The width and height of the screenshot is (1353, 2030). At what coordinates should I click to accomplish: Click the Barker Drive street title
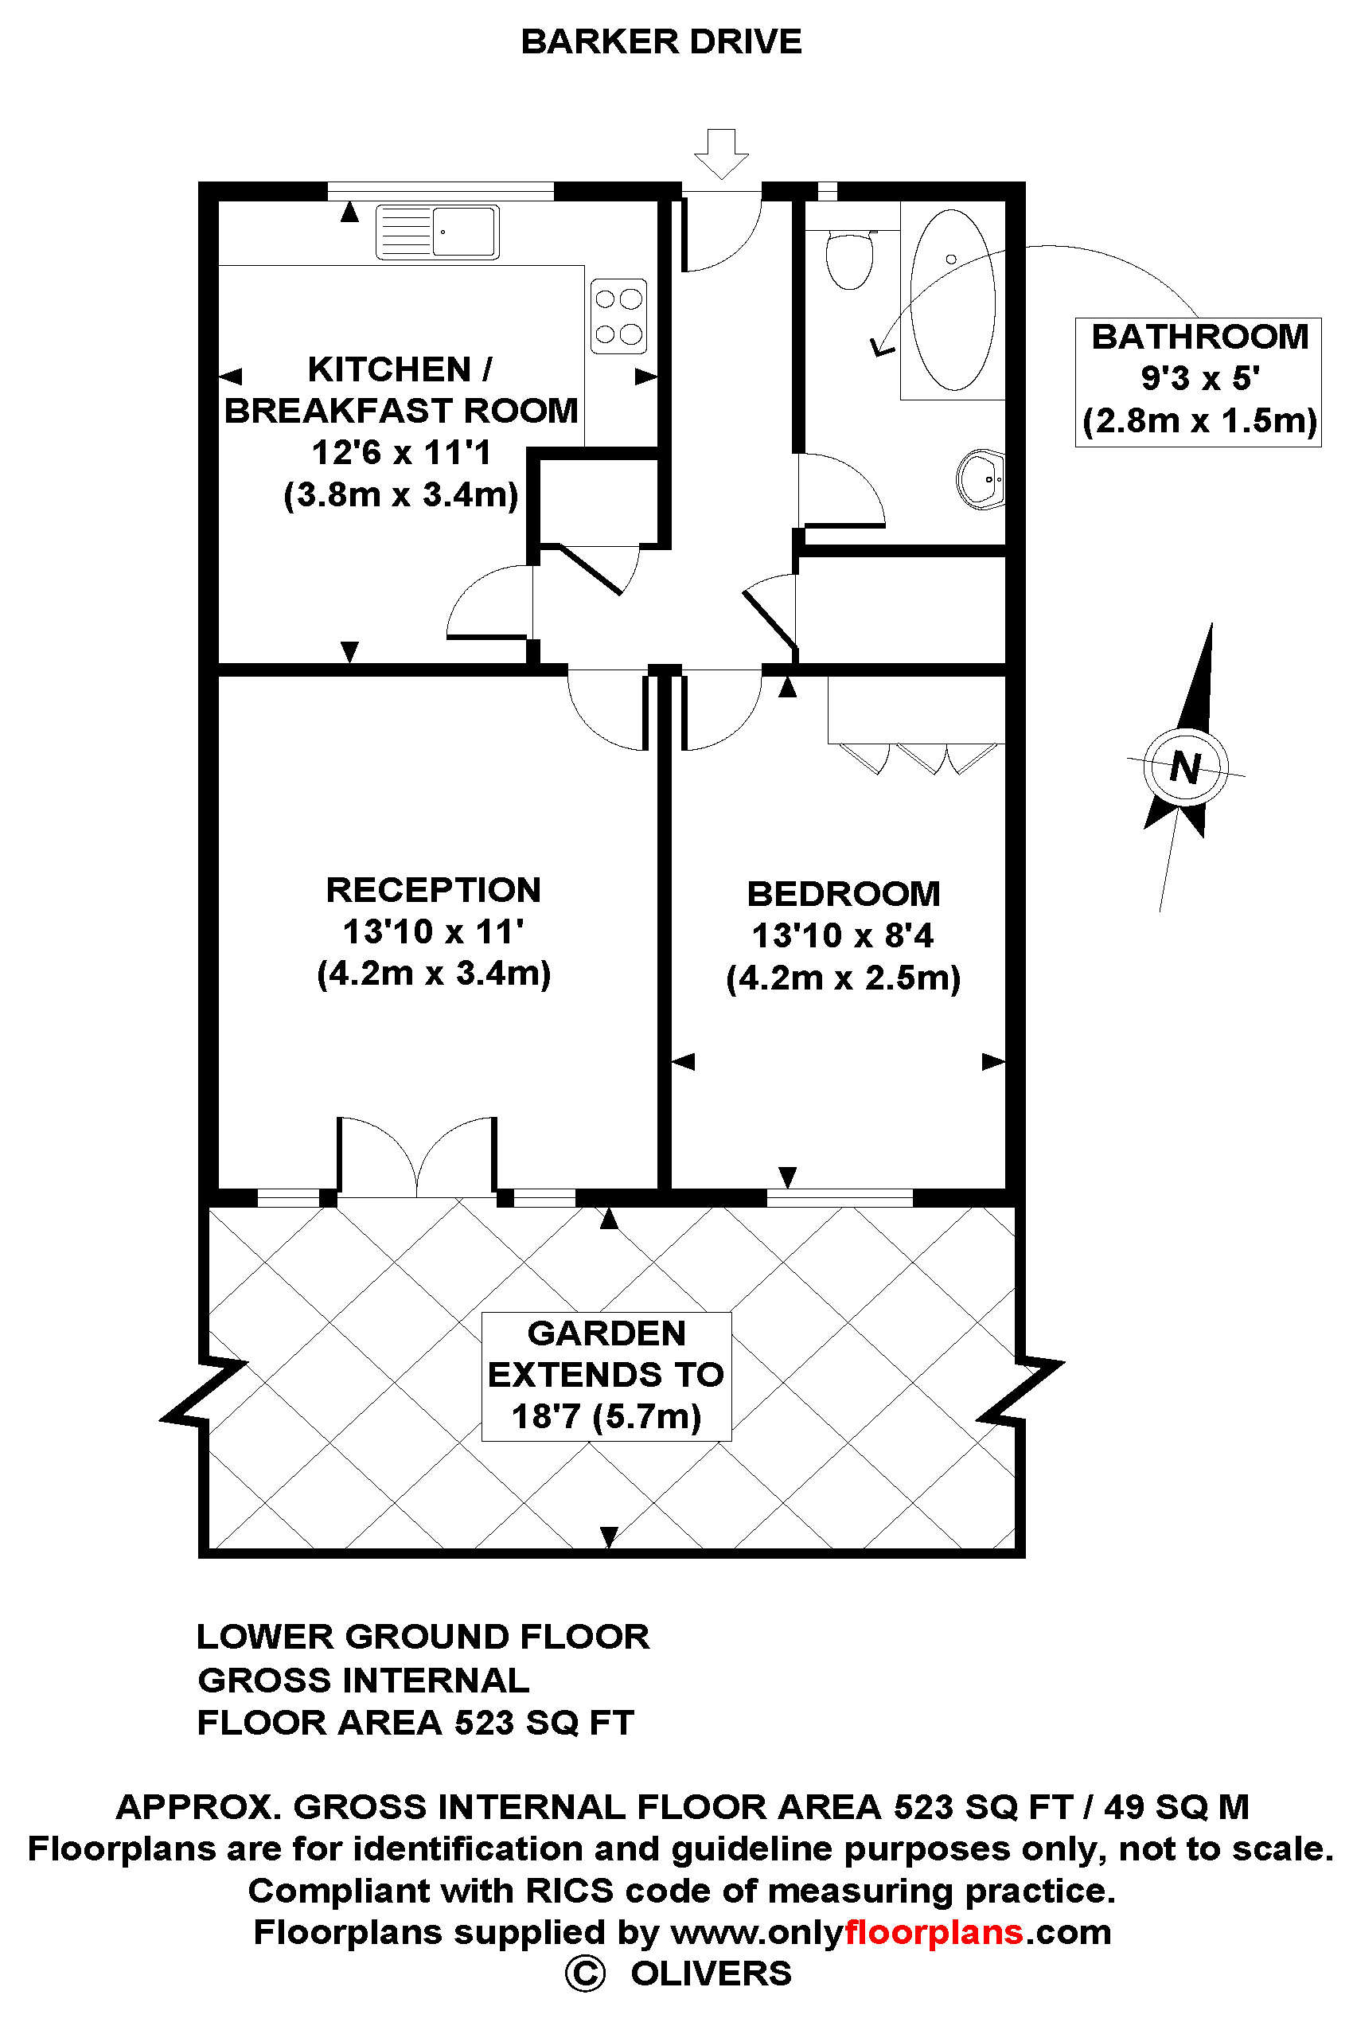pos(661,41)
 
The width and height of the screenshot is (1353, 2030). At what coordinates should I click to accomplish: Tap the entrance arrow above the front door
pos(721,154)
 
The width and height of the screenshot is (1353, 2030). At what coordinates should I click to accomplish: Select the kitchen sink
pos(438,232)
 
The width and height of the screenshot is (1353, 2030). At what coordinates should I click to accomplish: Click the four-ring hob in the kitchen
pos(618,316)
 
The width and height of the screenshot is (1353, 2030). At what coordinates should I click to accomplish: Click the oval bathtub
pos(953,299)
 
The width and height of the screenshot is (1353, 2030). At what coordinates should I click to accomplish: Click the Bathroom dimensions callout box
pos(1199,381)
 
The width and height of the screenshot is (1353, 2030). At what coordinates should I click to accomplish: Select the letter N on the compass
pos(1186,767)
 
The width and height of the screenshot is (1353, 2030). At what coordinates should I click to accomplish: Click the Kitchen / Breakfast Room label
pos(401,389)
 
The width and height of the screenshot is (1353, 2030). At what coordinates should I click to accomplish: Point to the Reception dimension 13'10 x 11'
pos(433,931)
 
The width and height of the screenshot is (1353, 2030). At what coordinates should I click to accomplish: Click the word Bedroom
pos(843,893)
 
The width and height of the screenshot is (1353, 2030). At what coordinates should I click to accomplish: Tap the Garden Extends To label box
pos(606,1376)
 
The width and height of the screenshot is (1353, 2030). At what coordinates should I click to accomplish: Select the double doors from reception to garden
pos(417,1157)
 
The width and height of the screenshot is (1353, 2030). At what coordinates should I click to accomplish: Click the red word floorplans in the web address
pos(934,1931)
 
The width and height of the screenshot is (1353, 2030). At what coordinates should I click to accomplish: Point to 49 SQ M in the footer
pos(1176,1806)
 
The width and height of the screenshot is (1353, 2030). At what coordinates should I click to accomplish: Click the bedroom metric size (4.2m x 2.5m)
pos(843,978)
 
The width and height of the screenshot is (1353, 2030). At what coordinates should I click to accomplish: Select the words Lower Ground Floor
pos(423,1637)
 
